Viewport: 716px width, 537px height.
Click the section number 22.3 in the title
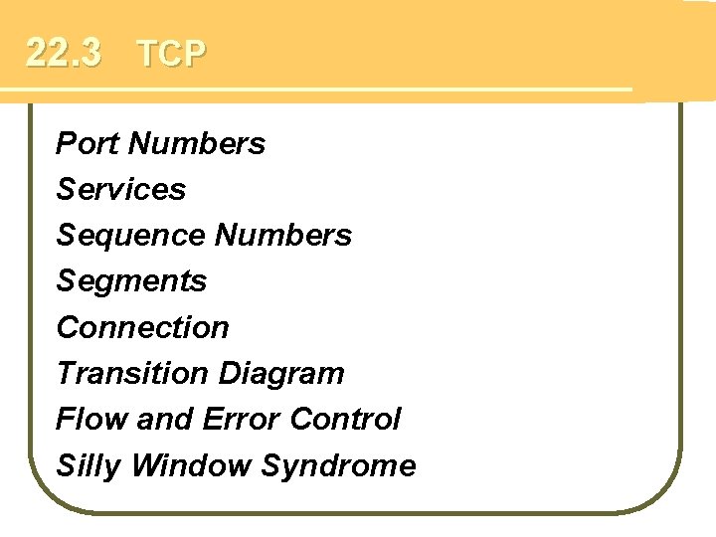pos(63,53)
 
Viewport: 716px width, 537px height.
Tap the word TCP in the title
pos(171,55)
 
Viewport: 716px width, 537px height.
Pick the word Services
pos(121,189)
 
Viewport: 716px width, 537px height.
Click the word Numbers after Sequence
pos(283,236)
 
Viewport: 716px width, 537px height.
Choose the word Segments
pos(131,281)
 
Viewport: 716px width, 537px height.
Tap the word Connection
pos(143,327)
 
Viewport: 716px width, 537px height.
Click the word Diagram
pos(281,373)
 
